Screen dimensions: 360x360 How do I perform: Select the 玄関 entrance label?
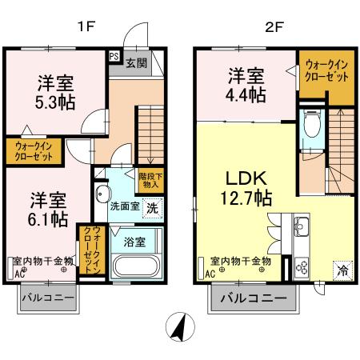pos(136,62)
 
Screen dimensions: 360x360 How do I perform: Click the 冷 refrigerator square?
pos(342,270)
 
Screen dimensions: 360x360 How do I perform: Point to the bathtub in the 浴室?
pos(137,265)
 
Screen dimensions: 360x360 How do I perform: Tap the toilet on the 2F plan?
pos(310,126)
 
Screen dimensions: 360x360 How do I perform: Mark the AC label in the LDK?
pos(210,274)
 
